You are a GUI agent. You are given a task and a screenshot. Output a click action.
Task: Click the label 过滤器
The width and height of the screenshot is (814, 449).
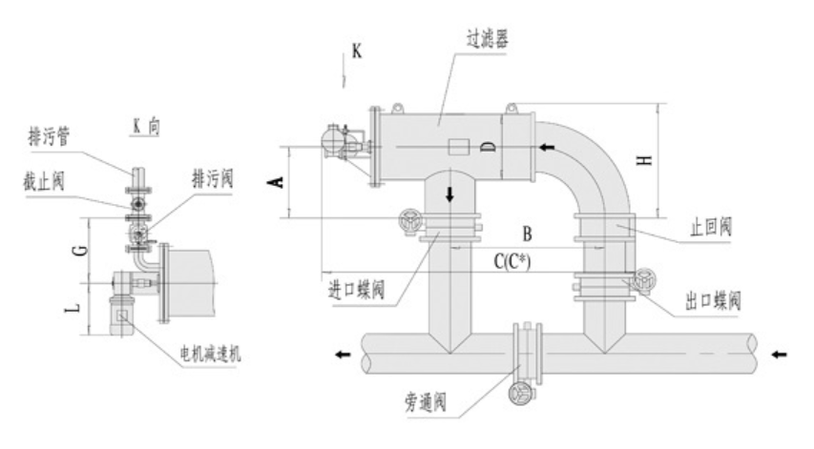487,39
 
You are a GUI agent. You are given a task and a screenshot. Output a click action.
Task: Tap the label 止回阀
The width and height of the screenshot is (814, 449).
711,227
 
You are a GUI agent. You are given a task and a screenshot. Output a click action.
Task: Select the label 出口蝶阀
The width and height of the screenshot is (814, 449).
713,300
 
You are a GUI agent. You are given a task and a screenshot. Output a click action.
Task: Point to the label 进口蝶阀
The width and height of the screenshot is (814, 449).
357,289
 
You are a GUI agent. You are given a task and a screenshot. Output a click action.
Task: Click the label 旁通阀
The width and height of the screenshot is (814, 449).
426,402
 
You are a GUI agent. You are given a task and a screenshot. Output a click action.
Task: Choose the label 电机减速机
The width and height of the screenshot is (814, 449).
210,354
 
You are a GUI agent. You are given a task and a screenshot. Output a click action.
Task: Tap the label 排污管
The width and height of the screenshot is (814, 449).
49,136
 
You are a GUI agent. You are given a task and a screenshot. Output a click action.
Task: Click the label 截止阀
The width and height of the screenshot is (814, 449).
44,182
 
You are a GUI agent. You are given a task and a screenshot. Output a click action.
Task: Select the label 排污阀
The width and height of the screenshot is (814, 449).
212,179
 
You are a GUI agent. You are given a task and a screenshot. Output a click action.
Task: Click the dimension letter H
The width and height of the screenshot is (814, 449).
644,160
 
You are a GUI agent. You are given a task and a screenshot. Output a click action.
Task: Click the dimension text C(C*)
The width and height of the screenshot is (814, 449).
512,261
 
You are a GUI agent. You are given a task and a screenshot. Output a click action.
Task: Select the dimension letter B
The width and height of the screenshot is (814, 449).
527,235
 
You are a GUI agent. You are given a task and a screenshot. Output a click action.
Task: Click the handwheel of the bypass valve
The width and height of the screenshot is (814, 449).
521,395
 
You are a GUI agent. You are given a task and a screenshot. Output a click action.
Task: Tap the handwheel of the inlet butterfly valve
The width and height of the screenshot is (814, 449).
411,222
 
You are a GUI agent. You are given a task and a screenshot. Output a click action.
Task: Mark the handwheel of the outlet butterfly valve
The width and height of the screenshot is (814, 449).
644,280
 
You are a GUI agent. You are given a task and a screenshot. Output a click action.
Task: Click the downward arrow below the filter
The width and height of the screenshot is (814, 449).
449,194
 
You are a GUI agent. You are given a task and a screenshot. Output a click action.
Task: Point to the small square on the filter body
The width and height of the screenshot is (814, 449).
458,147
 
